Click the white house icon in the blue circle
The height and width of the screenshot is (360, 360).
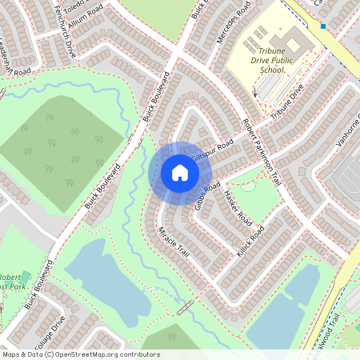tap(179, 172)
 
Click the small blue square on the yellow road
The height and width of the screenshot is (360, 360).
tap(323, 26)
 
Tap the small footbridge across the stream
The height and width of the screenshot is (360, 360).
tap(186, 307)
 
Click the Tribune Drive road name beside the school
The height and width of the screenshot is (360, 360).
tap(287, 104)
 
